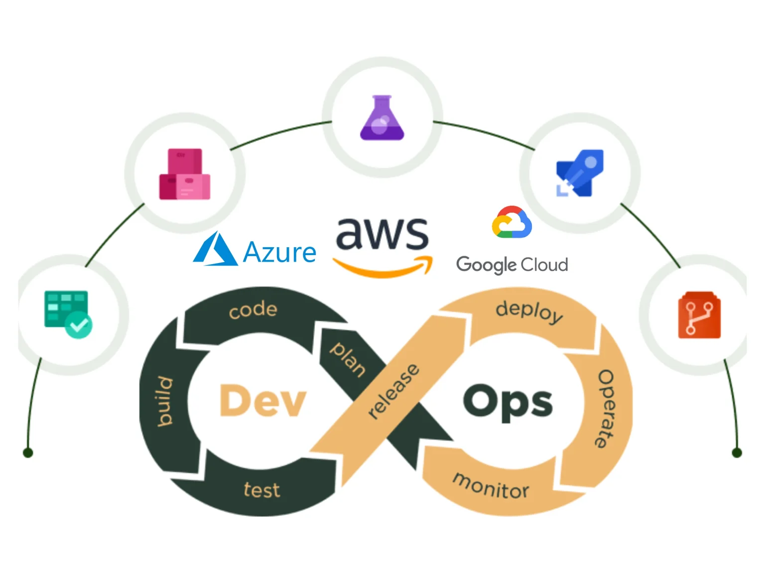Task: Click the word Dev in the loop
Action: [x=262, y=401]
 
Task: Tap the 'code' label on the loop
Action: [x=253, y=310]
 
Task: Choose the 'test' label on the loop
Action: [x=262, y=490]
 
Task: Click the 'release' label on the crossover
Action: [x=393, y=391]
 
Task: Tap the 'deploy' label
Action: [x=529, y=311]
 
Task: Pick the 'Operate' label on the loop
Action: [x=606, y=409]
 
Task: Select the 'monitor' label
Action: [x=491, y=486]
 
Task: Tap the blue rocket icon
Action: [x=580, y=173]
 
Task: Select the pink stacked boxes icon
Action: [x=185, y=174]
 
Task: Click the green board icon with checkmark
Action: [x=68, y=314]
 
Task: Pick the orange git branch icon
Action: [x=699, y=315]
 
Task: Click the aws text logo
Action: [x=382, y=234]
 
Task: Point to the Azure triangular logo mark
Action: [x=215, y=249]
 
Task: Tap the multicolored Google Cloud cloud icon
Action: [x=511, y=222]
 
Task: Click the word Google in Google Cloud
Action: [x=486, y=265]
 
